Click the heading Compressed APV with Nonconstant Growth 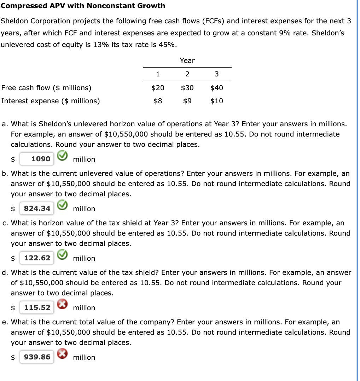click(83, 6)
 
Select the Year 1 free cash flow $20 click(158, 88)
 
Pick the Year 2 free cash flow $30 click(187, 88)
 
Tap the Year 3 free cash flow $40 click(216, 88)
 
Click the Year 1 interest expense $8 click(158, 101)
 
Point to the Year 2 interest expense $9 click(187, 101)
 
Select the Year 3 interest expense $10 click(216, 101)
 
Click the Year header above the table click(187, 60)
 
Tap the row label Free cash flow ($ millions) click(46, 88)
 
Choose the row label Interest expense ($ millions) click(51, 101)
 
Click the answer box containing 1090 click(37, 159)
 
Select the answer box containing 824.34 click(37, 208)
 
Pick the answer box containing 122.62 click(37, 258)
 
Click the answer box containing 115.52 click(37, 307)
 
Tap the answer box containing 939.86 click(37, 357)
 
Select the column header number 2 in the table click(187, 74)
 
